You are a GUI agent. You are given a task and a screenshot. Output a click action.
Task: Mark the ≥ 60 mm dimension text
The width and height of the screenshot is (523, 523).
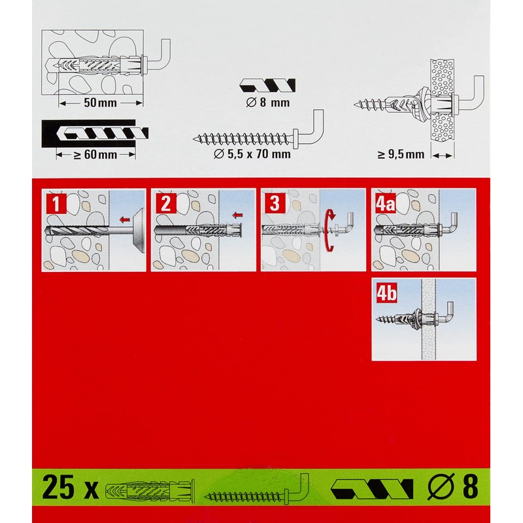[x=95, y=154]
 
